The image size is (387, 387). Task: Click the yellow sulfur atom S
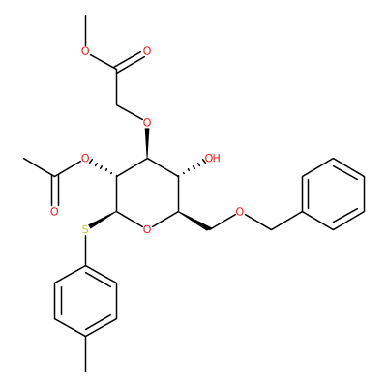[85, 229]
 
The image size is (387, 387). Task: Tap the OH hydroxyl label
[213, 158]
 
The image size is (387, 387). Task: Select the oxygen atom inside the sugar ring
[147, 229]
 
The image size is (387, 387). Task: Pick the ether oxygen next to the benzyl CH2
[240, 212]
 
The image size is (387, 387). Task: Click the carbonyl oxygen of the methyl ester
[147, 51]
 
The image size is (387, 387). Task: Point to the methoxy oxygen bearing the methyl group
[85, 51]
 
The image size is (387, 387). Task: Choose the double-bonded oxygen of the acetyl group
[54, 212]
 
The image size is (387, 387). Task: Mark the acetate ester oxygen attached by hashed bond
[85, 159]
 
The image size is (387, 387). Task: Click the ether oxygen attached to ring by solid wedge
[147, 123]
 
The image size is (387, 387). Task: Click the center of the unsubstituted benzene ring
[333, 193]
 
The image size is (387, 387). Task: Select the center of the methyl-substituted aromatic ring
[85, 301]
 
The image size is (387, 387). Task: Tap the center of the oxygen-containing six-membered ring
[147, 193]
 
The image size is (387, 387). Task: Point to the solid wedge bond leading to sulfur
[103, 220]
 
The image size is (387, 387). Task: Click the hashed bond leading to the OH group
[192, 168]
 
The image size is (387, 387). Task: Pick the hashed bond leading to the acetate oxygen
[104, 168]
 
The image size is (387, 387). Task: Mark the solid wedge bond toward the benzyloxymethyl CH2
[194, 221]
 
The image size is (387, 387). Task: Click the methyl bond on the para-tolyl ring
[85, 355]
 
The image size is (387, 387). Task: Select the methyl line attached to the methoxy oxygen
[85, 31]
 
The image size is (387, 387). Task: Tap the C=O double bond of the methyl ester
[130, 61]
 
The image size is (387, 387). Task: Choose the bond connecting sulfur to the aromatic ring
[85, 251]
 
